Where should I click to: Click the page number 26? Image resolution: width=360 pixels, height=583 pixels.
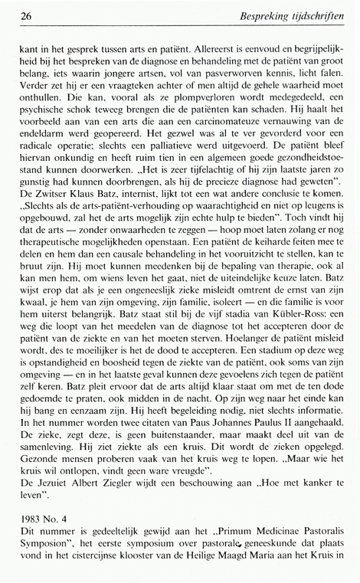tap(26, 15)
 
